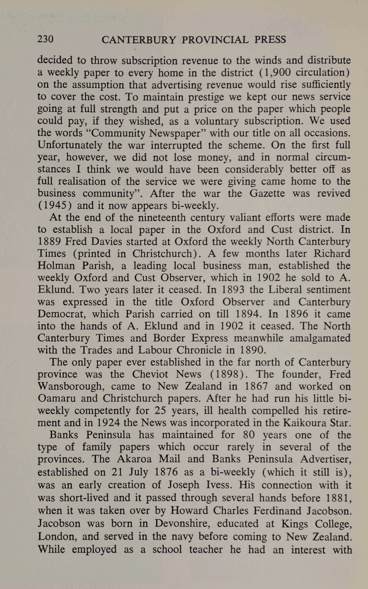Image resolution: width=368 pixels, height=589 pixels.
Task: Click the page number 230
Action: (x=45, y=39)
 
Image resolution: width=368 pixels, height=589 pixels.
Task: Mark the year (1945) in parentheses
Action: (x=55, y=205)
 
